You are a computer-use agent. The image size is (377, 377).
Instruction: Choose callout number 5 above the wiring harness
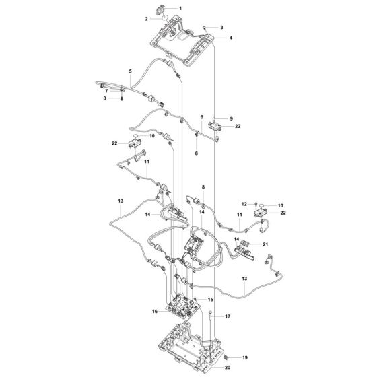(131, 71)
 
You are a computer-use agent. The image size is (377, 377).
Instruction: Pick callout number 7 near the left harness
(105, 90)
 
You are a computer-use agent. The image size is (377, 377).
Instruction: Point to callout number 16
(156, 312)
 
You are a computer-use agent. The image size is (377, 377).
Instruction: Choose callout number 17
(227, 316)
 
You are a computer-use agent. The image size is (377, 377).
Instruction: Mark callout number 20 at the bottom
(228, 368)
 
